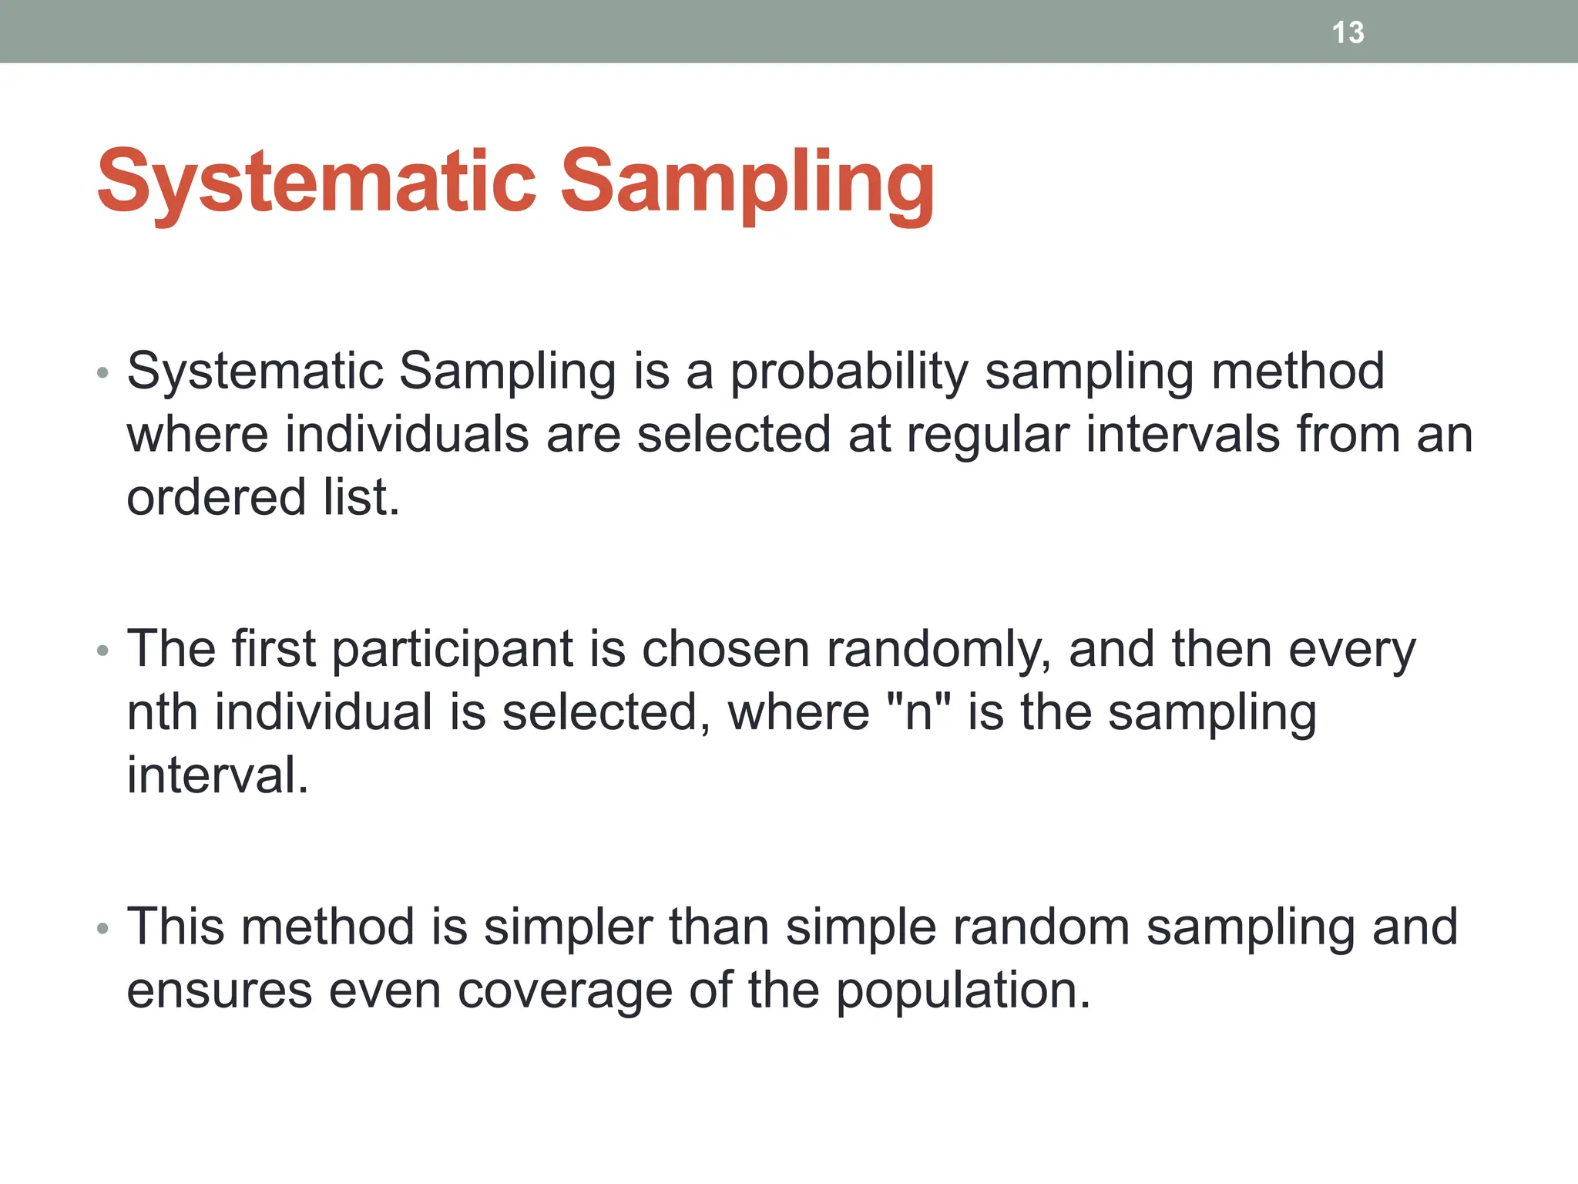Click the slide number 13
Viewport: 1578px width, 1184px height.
[1348, 32]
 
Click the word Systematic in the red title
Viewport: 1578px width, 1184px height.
[316, 182]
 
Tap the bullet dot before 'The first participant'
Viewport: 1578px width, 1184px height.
[103, 652]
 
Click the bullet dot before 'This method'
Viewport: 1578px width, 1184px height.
[103, 929]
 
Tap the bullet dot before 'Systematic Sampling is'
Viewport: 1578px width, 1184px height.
[103, 375]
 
